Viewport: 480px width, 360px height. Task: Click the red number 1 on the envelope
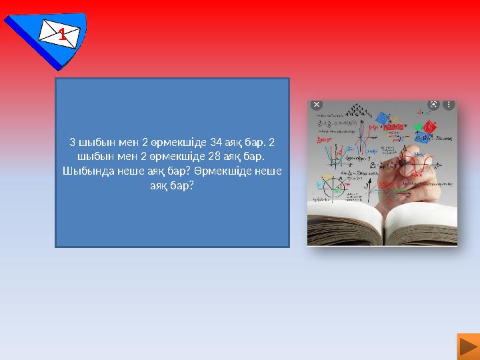(x=61, y=35)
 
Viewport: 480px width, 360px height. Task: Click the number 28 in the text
(x=215, y=157)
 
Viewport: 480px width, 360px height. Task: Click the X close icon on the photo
(x=316, y=105)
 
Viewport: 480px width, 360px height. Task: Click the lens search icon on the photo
(x=433, y=105)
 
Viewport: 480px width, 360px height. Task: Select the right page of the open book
(x=420, y=223)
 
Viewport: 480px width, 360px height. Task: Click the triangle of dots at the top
(x=360, y=109)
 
